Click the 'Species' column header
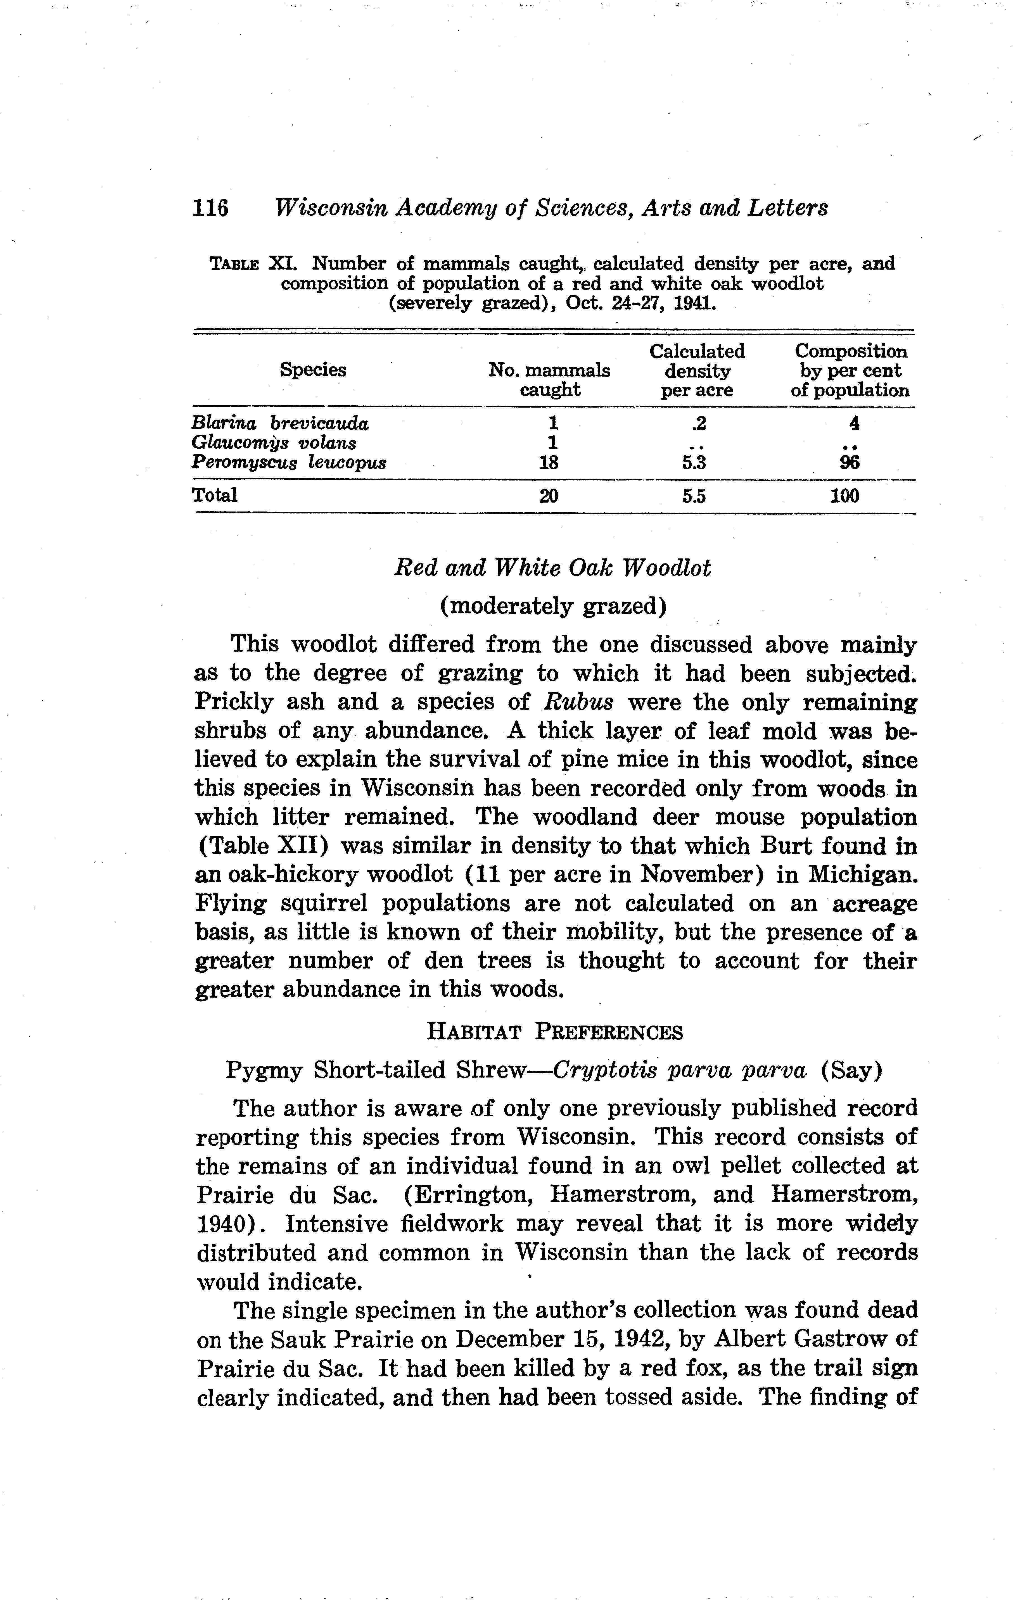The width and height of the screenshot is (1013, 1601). point(313,370)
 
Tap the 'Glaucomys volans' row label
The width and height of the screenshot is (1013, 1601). point(273,443)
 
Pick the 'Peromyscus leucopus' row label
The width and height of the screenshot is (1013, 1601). point(289,463)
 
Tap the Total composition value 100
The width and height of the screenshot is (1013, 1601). point(845,496)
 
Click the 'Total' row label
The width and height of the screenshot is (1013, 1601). point(214,495)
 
